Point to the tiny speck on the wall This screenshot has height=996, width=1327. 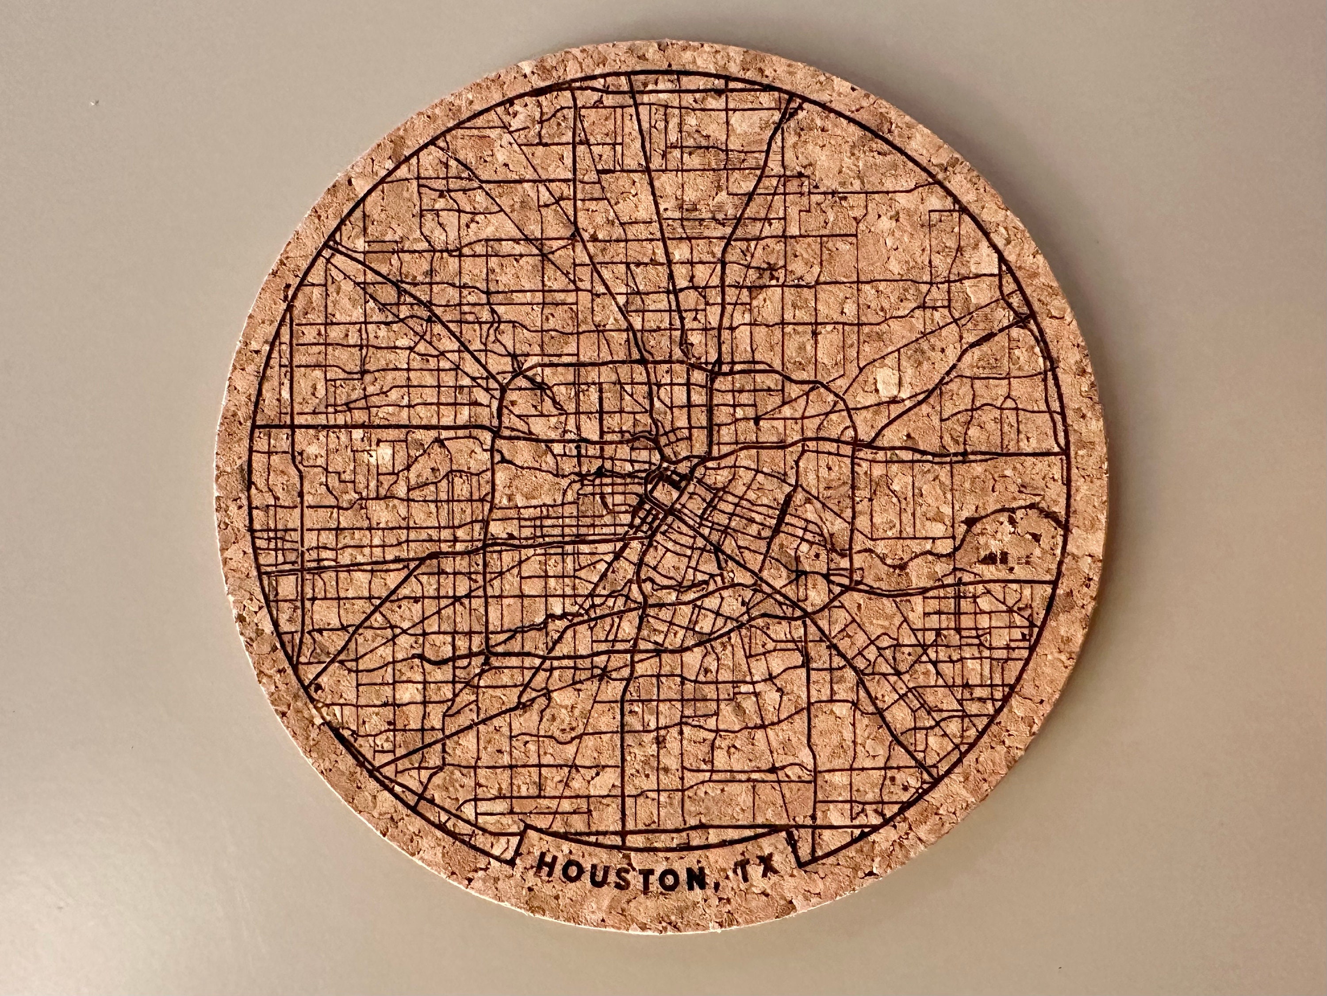coord(93,103)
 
